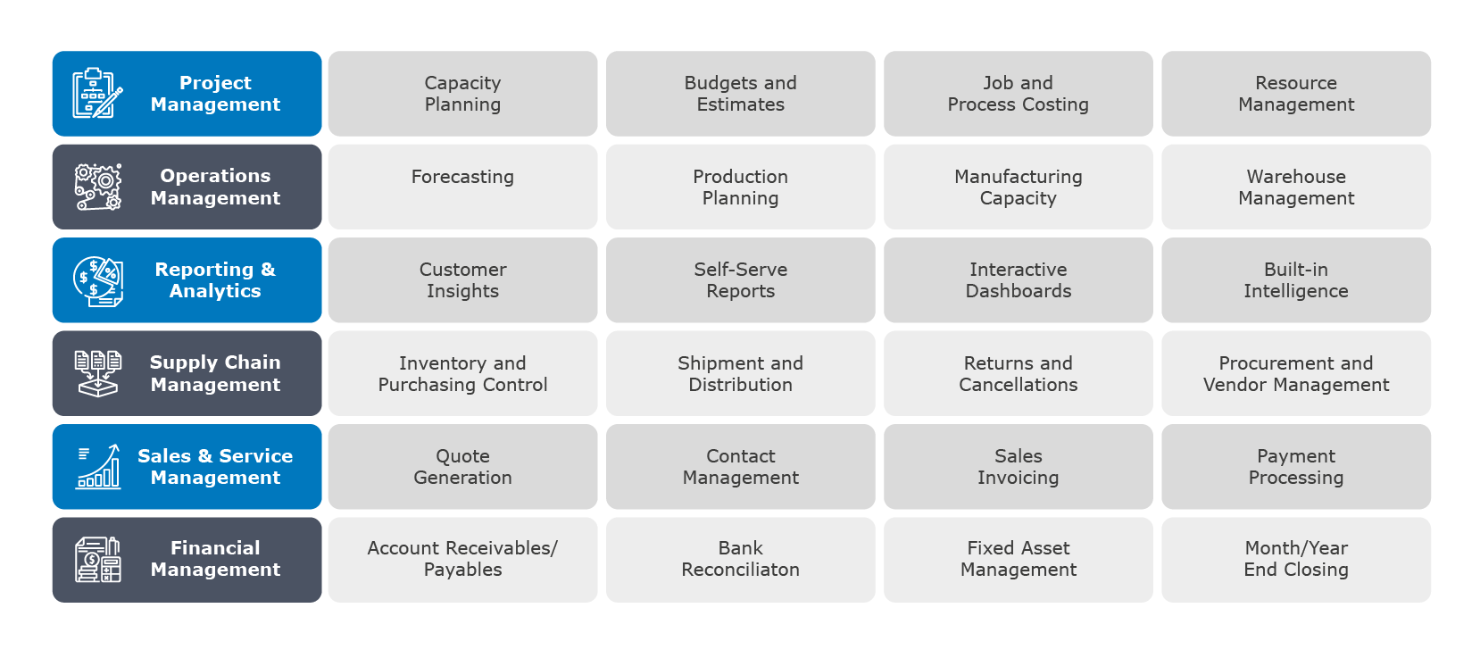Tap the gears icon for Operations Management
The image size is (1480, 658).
point(98,187)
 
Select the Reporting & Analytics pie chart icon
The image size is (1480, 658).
point(98,281)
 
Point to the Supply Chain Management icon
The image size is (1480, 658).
point(98,374)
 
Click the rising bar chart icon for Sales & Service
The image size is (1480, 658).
point(98,466)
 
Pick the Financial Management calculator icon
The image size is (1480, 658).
point(98,560)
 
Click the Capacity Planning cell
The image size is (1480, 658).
point(462,94)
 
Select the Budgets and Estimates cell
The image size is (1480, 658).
point(740,94)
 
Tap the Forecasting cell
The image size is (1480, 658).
point(462,187)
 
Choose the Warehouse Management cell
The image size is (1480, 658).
point(1295,187)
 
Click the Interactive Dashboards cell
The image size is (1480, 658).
point(1019,280)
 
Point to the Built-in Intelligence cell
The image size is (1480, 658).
point(1295,280)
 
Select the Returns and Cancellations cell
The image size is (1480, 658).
point(1019,373)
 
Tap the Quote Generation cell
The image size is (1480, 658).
point(462,466)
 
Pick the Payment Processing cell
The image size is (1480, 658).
point(1295,466)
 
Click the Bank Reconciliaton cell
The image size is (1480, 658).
point(740,560)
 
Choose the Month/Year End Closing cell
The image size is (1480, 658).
point(1295,560)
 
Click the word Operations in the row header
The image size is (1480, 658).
point(215,177)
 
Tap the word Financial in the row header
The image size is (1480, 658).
point(215,547)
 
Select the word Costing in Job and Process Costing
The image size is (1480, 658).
point(1055,105)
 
